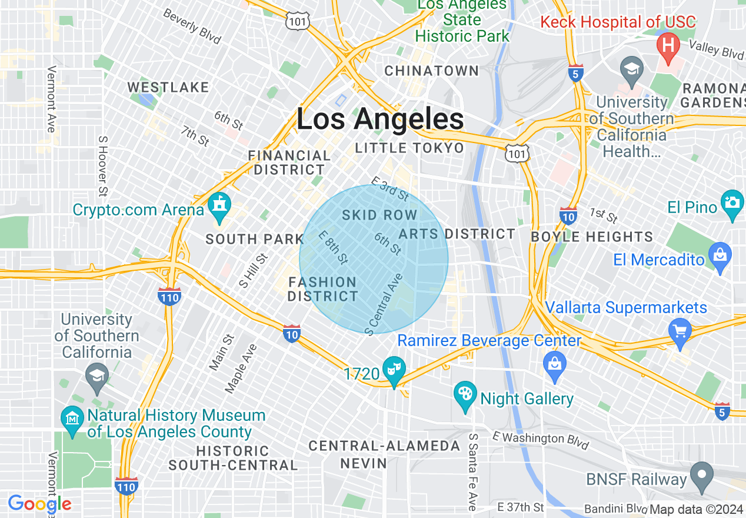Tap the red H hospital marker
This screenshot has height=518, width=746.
click(x=668, y=45)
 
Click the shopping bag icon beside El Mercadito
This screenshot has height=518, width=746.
click(x=720, y=256)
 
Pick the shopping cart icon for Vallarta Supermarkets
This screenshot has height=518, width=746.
click(x=680, y=330)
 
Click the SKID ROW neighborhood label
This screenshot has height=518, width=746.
click(x=379, y=215)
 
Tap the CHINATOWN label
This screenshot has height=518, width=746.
click(x=432, y=71)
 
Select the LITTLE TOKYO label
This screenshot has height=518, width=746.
click(x=409, y=148)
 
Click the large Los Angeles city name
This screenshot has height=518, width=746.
click(x=380, y=119)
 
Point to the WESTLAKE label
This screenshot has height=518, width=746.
click(x=168, y=88)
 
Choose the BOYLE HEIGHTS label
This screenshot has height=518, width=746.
click(x=591, y=237)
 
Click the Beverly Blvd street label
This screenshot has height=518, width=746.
click(x=192, y=26)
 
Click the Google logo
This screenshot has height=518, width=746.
click(x=39, y=504)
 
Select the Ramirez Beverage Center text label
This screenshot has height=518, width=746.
click(x=489, y=341)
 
